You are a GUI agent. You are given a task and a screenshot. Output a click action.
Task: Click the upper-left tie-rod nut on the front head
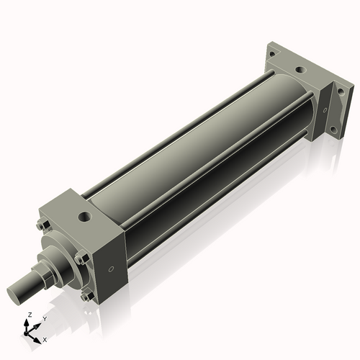[45, 230]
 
